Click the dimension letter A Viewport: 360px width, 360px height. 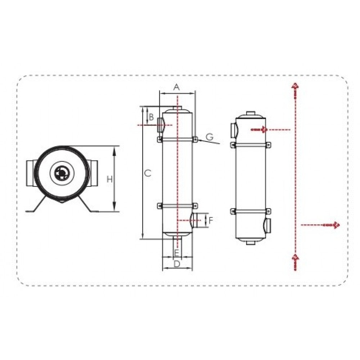[x=176, y=87]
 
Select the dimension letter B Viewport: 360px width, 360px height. [x=151, y=117]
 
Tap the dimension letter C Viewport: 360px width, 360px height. [x=148, y=173]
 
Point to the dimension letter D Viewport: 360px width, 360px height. [x=177, y=264]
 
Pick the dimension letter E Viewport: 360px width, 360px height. [x=176, y=253]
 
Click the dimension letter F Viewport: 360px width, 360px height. [x=211, y=220]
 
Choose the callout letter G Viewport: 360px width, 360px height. [x=210, y=137]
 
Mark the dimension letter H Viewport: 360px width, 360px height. [x=109, y=179]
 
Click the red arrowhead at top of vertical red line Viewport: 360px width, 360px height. [x=295, y=86]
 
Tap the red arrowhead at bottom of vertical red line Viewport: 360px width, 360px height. [x=295, y=258]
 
